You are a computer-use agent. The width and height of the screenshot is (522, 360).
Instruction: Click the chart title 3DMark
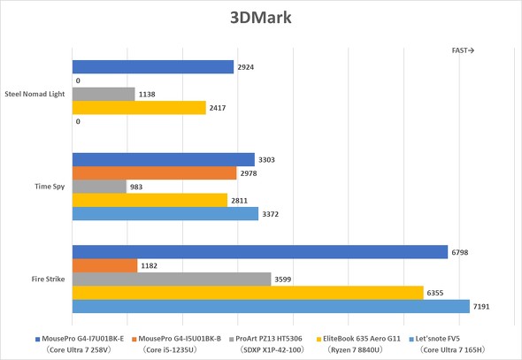(x=260, y=18)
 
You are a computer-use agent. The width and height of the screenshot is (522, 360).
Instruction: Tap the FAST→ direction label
(x=463, y=50)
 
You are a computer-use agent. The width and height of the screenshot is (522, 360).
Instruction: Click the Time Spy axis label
(x=49, y=187)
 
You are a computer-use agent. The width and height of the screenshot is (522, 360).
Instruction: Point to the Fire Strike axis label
(x=47, y=279)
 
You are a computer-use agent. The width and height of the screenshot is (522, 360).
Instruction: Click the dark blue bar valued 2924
(x=152, y=67)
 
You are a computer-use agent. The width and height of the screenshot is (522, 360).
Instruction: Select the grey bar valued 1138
(x=104, y=94)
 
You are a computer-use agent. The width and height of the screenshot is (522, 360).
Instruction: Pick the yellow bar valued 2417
(x=138, y=107)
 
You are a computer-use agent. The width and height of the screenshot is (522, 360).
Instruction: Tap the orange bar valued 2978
(x=154, y=173)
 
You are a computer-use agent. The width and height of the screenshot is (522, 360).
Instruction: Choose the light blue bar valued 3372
(x=165, y=213)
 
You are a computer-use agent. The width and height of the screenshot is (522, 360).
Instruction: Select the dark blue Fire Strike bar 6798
(x=259, y=252)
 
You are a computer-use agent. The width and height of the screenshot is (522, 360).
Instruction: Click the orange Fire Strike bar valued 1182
(x=104, y=265)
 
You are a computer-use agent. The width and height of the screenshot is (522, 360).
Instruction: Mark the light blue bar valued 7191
(x=270, y=306)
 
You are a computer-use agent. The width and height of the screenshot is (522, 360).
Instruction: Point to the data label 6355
(x=437, y=293)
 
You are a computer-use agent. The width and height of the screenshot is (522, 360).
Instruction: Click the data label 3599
(x=285, y=280)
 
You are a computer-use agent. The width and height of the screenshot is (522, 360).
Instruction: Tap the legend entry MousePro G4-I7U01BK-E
(x=83, y=338)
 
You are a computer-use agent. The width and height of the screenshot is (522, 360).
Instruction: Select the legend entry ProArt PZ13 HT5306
(x=270, y=338)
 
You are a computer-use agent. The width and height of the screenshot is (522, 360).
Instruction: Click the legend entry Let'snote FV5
(x=457, y=338)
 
